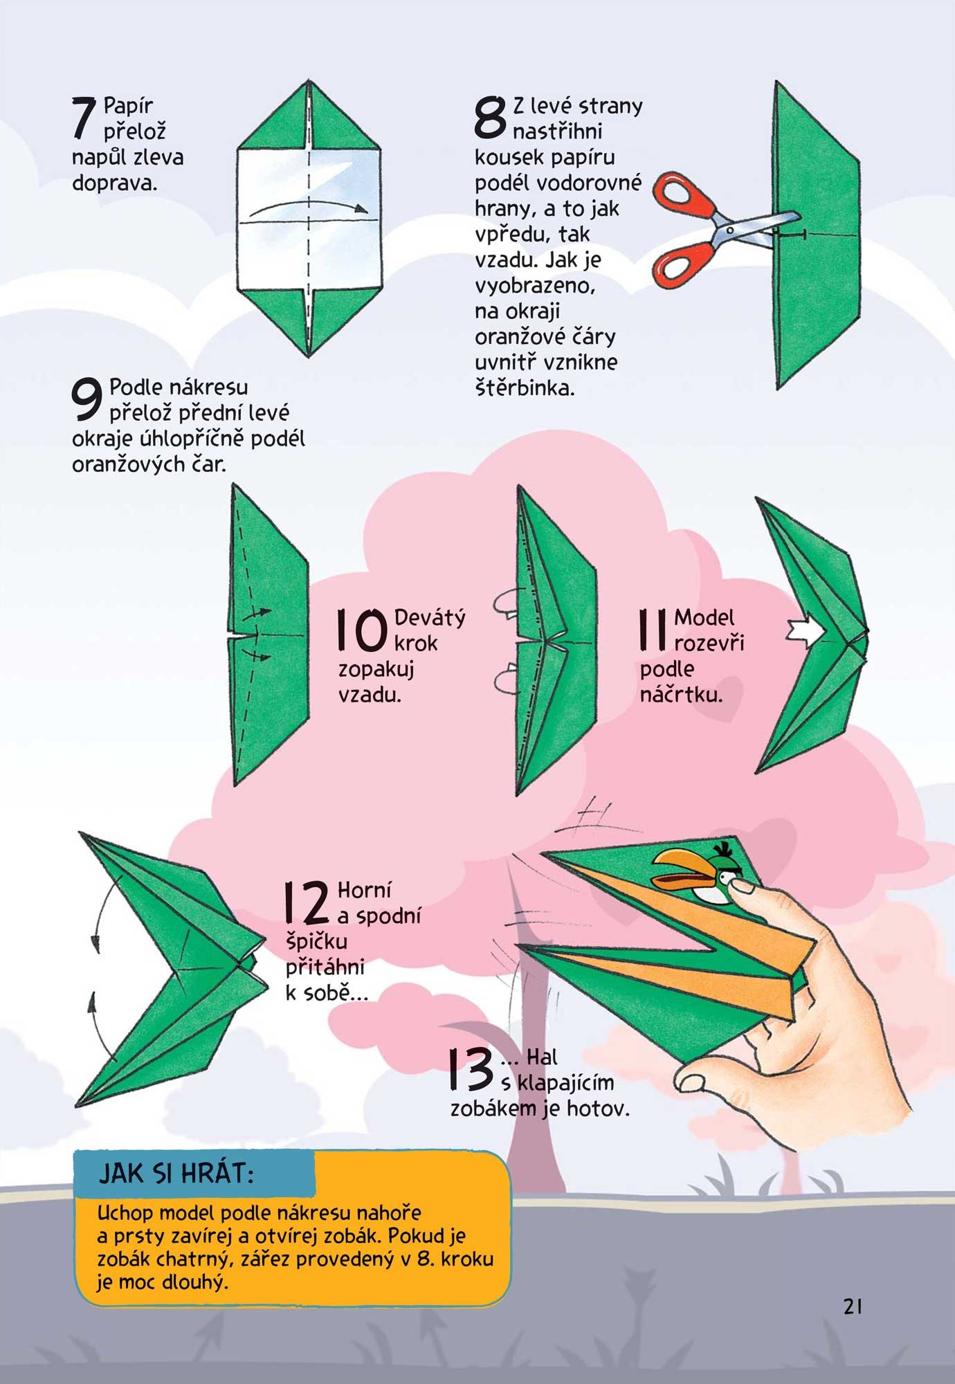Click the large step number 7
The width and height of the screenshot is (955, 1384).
(x=84, y=118)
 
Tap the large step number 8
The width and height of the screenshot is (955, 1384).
(x=491, y=116)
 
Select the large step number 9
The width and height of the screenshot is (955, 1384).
(x=88, y=399)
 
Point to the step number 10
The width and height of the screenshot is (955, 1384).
(x=361, y=630)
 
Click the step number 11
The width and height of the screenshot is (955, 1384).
(x=653, y=630)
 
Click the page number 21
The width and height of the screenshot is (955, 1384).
(x=853, y=1306)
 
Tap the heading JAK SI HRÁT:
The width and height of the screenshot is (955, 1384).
(x=176, y=1174)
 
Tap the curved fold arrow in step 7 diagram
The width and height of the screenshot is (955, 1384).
(x=308, y=205)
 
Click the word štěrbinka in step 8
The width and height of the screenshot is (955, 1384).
(x=525, y=388)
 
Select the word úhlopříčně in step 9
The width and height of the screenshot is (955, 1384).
(x=190, y=439)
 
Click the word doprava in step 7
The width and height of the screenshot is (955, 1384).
(x=115, y=184)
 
